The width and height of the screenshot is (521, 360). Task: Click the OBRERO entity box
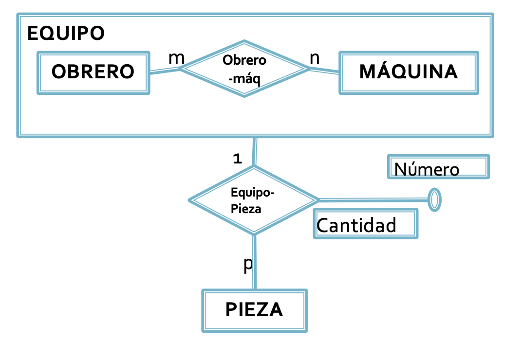point(93,72)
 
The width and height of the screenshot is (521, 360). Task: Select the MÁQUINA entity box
point(409,72)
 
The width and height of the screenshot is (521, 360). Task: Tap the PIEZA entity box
point(254,310)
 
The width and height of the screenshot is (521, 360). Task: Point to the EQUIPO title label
point(66,34)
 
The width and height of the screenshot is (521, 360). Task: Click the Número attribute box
point(438,167)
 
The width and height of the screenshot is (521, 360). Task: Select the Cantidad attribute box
point(365,224)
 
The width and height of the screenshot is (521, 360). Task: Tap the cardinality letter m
point(176,57)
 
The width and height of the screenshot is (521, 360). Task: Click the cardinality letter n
point(315,57)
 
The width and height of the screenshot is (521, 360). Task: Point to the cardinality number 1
point(237,159)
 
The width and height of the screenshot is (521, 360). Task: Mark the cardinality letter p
point(248,264)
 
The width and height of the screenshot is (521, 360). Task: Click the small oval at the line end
point(434,199)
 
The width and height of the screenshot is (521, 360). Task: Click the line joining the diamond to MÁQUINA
point(324,71)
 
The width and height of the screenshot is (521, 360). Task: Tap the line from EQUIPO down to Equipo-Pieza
point(254,152)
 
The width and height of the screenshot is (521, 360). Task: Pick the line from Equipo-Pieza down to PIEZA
point(254,263)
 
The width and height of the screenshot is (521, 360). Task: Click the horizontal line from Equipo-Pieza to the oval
point(372,200)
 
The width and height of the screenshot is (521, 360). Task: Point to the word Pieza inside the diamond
point(246,209)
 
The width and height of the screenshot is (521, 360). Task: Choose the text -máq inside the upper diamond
point(244,78)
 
